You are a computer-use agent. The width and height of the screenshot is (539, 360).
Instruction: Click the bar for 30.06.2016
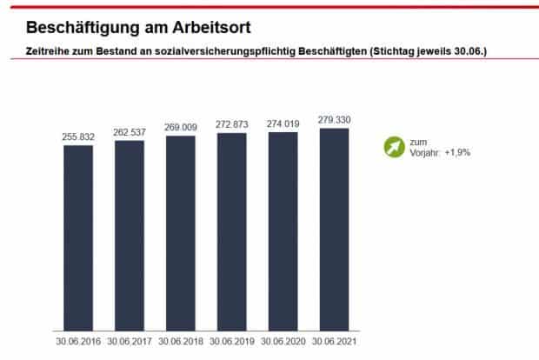(x=78, y=237)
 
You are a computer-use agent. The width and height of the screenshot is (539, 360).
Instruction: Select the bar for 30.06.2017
(x=130, y=234)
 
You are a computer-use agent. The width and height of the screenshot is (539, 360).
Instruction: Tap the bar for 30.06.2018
(x=181, y=232)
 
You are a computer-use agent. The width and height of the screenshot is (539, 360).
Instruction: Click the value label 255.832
(x=78, y=137)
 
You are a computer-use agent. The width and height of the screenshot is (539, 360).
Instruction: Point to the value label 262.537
(x=130, y=132)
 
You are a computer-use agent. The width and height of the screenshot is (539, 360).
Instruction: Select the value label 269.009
(x=181, y=128)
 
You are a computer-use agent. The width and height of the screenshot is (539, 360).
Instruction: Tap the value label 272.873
(x=231, y=124)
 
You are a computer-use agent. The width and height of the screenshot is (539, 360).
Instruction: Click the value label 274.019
(x=283, y=124)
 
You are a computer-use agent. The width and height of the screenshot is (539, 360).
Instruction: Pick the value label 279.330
(x=334, y=120)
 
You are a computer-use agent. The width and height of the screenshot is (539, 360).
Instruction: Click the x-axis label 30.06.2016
(x=78, y=342)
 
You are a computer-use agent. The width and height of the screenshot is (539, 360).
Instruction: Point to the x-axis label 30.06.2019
(x=231, y=342)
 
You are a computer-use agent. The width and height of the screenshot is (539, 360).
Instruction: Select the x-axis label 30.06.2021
(x=334, y=342)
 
